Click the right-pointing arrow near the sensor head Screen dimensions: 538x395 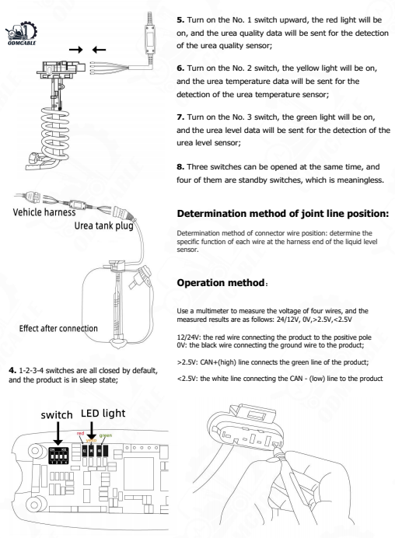point(77,51)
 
